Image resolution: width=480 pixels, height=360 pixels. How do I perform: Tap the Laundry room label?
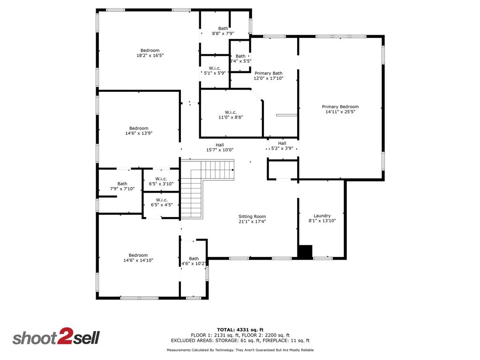pyautogui.click(x=322, y=216)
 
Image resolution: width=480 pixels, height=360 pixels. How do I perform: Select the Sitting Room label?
pyautogui.click(x=252, y=217)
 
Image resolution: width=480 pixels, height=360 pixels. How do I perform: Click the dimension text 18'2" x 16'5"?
pyautogui.click(x=150, y=56)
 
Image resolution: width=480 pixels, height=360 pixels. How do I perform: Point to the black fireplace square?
pyautogui.click(x=305, y=251)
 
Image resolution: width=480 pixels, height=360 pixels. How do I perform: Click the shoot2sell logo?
pyautogui.click(x=56, y=337)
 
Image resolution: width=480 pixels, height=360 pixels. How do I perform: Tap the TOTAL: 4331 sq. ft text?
pyautogui.click(x=240, y=329)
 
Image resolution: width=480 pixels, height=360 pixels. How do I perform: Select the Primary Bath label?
pyautogui.click(x=269, y=73)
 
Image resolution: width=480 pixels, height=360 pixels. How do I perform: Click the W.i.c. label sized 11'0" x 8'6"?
pyautogui.click(x=231, y=112)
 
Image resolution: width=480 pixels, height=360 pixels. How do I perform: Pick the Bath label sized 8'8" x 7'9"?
pyautogui.click(x=223, y=29)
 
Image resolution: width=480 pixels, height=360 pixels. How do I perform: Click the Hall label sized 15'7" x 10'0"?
pyautogui.click(x=220, y=145)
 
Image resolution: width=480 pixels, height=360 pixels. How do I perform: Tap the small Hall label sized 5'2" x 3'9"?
pyautogui.click(x=282, y=143)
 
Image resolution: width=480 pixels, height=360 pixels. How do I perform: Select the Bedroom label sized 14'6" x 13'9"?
pyautogui.click(x=139, y=128)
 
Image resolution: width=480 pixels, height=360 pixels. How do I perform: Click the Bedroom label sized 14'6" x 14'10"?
pyautogui.click(x=138, y=255)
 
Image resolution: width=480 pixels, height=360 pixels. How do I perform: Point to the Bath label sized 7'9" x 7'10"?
pyautogui.click(x=122, y=184)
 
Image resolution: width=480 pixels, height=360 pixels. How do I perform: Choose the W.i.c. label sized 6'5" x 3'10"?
pyautogui.click(x=161, y=179)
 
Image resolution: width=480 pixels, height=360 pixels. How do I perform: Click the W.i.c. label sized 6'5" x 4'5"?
pyautogui.click(x=161, y=200)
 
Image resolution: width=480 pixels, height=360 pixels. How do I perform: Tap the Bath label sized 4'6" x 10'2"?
pyautogui.click(x=194, y=259)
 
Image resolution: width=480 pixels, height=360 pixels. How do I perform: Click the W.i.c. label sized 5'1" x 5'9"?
pyautogui.click(x=215, y=68)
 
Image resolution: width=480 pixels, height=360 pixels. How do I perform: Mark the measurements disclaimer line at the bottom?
pyautogui.click(x=240, y=350)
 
